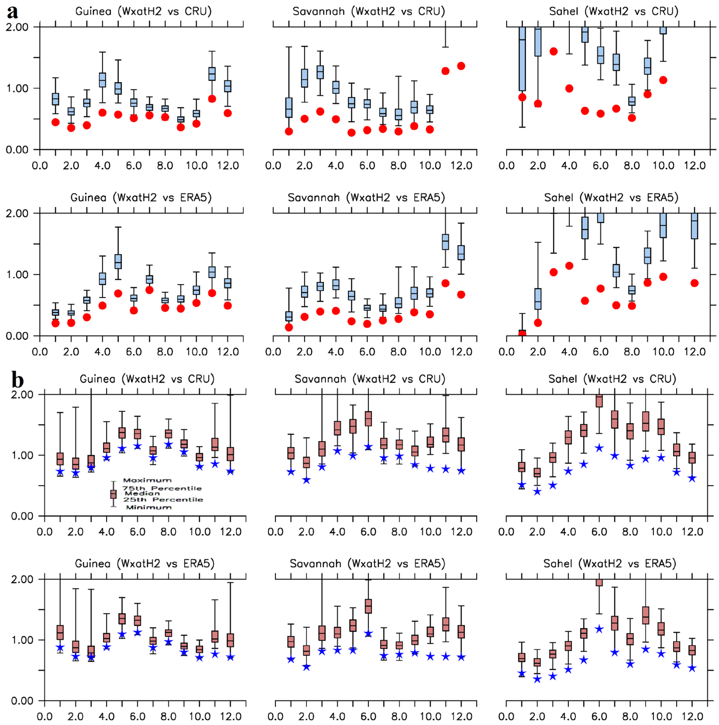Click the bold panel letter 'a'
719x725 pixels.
tap(12, 12)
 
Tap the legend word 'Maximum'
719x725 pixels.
tap(147, 480)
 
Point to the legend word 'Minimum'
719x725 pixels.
tap(149, 507)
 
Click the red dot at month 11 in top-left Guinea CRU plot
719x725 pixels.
tap(212, 99)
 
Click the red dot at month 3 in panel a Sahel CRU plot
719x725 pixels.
tap(553, 52)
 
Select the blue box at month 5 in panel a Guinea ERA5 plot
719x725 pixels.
tap(118, 261)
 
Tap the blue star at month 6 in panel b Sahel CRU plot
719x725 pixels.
tap(599, 448)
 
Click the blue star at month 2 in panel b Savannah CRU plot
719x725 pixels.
tap(307, 480)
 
